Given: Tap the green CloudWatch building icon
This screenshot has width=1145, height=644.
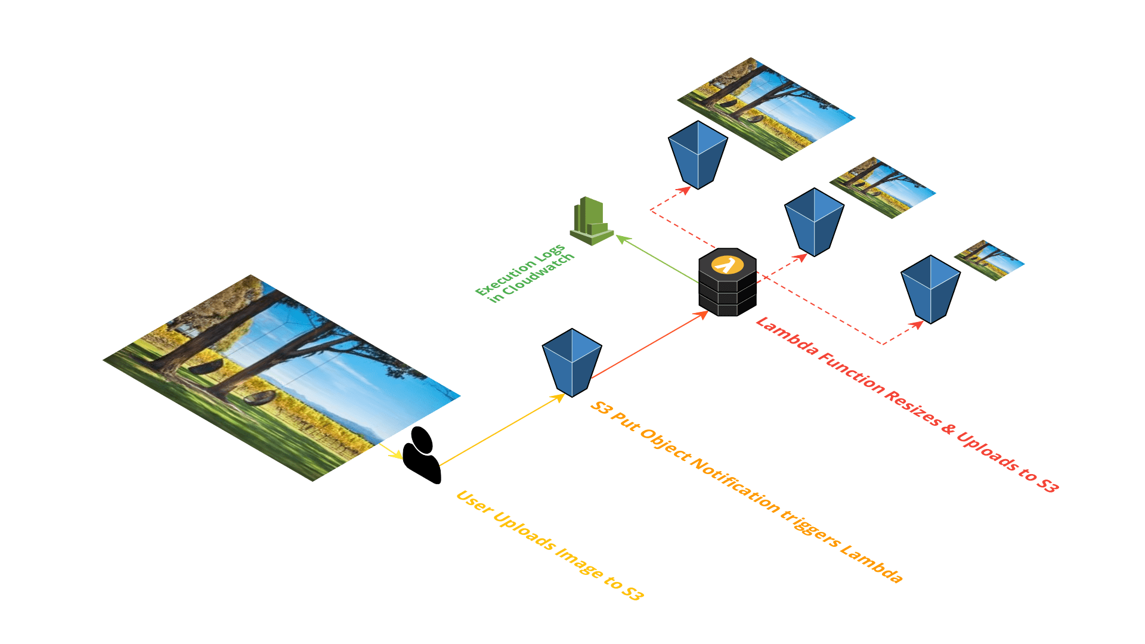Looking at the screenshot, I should (x=590, y=222).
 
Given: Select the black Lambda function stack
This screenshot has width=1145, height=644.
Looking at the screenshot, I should (x=727, y=283).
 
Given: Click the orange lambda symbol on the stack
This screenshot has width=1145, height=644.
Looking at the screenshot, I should (x=727, y=264).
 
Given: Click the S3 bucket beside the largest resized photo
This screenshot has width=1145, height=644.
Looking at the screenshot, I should (x=697, y=154).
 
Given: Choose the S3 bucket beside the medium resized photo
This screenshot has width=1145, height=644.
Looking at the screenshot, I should (x=814, y=221).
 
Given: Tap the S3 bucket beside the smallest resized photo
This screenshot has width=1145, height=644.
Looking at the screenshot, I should (x=930, y=289).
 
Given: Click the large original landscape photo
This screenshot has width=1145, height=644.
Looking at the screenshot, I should (x=280, y=376).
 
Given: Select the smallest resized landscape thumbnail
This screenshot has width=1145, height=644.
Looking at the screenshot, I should (x=990, y=260).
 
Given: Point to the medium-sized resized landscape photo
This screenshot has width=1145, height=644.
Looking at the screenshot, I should (x=883, y=188).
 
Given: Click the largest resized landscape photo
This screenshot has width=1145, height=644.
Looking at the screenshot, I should (x=767, y=109).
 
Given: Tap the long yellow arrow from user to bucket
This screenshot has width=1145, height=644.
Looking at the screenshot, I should (x=501, y=429).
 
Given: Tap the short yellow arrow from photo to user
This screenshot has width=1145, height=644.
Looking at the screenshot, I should (x=391, y=451).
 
